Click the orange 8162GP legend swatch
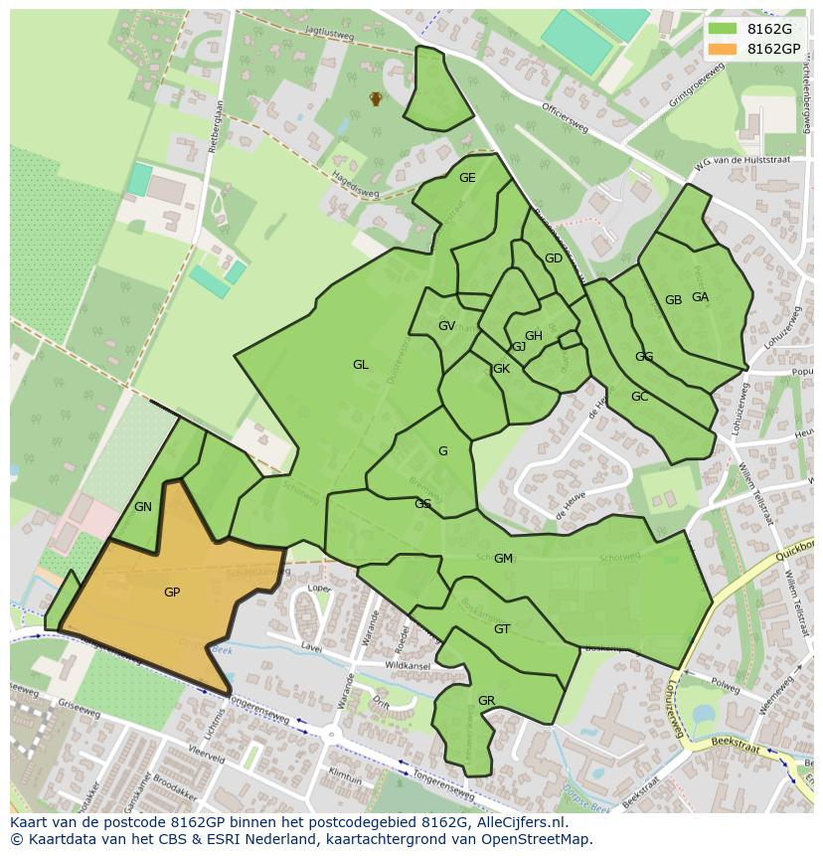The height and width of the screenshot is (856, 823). [x=723, y=49]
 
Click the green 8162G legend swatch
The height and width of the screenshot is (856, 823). [x=723, y=29]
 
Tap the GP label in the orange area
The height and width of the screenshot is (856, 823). [x=172, y=593]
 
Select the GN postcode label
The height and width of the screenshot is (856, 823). [x=143, y=507]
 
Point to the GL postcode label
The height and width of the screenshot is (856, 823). [x=360, y=365]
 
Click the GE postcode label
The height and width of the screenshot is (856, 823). [x=467, y=178]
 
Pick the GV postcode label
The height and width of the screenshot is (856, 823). [x=446, y=326]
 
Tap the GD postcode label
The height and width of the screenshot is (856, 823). [x=554, y=258]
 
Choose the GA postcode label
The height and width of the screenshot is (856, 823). [x=700, y=297]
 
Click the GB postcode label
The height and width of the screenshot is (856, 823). [x=673, y=300]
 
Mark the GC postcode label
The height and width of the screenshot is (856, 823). [x=639, y=397]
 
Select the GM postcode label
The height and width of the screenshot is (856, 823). [x=503, y=559]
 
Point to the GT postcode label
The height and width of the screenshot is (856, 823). [x=502, y=629]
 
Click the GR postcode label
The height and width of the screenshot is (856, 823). [x=486, y=701]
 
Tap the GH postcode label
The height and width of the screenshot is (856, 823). [x=534, y=336]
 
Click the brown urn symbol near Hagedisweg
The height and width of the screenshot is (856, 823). [x=376, y=98]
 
